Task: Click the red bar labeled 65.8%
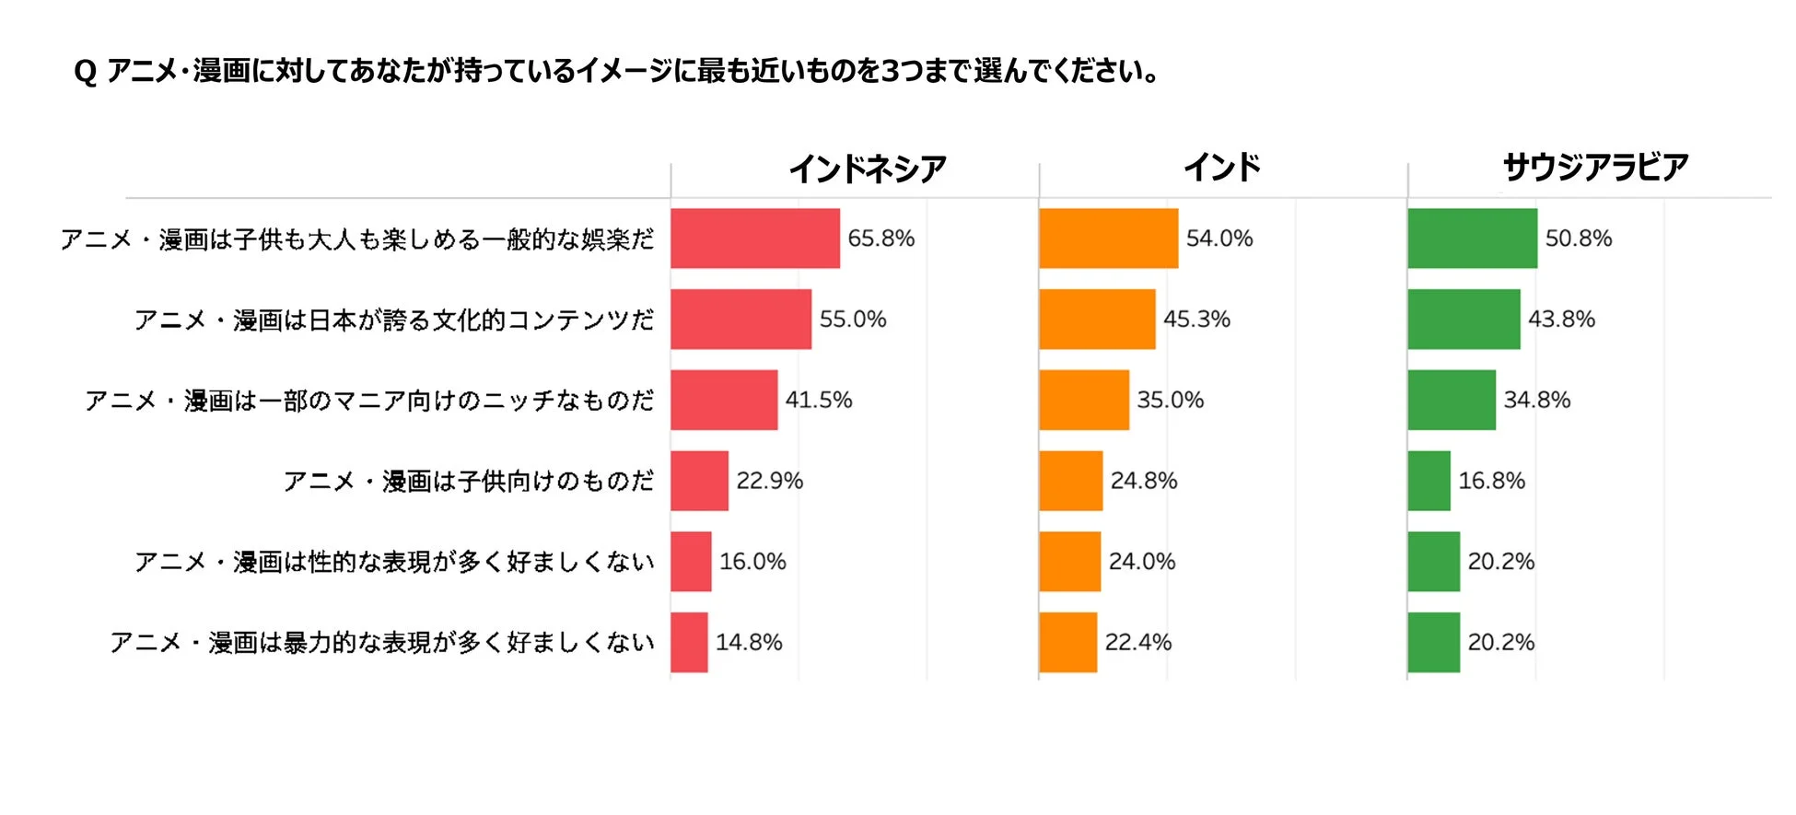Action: [x=754, y=239]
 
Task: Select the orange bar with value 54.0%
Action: [x=1108, y=239]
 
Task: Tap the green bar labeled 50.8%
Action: [x=1472, y=239]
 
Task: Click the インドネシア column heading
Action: [x=867, y=169]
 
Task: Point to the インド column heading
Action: [x=1221, y=168]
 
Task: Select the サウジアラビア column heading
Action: [x=1595, y=168]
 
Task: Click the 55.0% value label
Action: [x=852, y=320]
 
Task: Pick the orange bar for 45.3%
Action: [x=1097, y=320]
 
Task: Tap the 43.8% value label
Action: [x=1561, y=320]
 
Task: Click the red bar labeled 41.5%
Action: [x=724, y=400]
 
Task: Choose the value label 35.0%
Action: [x=1170, y=400]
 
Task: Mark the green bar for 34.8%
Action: [x=1452, y=400]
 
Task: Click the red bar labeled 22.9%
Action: [x=699, y=481]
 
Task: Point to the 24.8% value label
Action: [x=1143, y=481]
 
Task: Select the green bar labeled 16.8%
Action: [x=1429, y=481]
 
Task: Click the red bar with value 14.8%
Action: [x=689, y=642]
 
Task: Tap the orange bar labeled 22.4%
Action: [x=1067, y=642]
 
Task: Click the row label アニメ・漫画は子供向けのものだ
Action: [x=468, y=481]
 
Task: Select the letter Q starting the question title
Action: [x=85, y=72]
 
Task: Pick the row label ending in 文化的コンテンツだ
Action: [x=393, y=320]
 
